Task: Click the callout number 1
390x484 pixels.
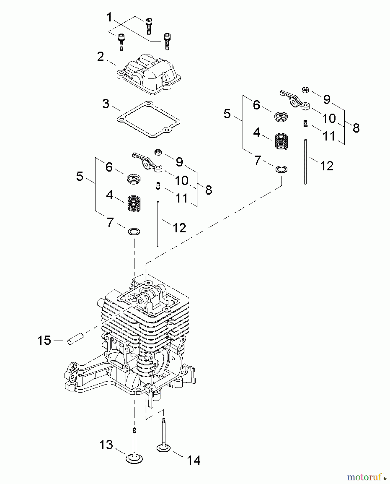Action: [109, 17]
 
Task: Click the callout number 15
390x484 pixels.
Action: [44, 340]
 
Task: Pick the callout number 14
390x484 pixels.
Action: [193, 460]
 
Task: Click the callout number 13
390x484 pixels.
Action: [106, 445]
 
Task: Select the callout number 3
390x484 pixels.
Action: [106, 104]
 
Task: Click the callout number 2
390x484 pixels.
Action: [100, 57]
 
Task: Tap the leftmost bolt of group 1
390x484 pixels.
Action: [121, 42]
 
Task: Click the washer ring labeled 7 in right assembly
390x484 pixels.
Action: [281, 169]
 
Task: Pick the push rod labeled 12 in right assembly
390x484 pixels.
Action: [305, 161]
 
